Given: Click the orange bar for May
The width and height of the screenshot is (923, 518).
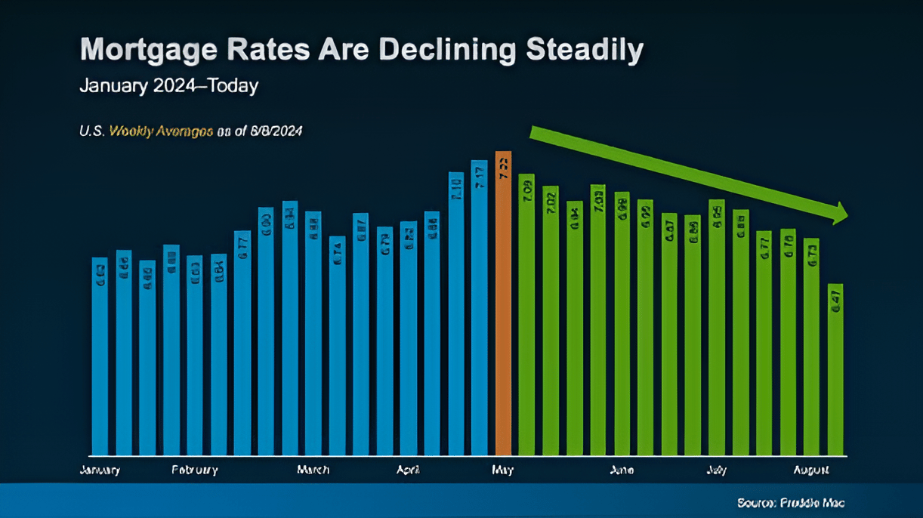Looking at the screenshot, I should [x=503, y=302].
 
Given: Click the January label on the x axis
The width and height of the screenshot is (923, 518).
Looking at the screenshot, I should [x=100, y=470].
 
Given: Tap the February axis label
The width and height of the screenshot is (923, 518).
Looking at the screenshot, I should [x=195, y=470].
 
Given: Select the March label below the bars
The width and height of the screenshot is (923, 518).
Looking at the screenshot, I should [x=313, y=470].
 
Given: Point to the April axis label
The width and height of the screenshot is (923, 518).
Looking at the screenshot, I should [x=408, y=470].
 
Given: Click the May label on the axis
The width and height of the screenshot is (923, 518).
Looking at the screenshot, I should [x=502, y=470].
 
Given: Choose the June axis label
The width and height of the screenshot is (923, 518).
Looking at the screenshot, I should [x=622, y=470].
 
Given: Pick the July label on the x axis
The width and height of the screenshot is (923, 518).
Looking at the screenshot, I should [x=717, y=470].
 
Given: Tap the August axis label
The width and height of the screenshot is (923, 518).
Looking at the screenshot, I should [x=811, y=470].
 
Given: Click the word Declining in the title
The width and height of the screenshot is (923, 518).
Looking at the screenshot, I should [x=446, y=50].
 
